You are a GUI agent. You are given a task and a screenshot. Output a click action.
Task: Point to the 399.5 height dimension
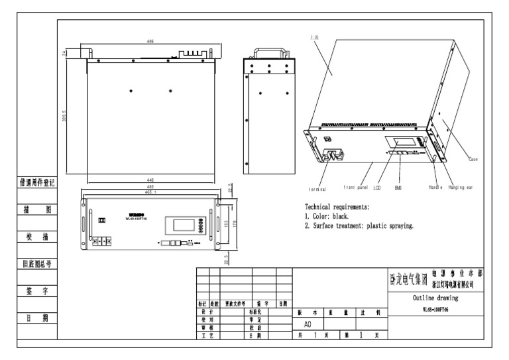[x=64, y=116]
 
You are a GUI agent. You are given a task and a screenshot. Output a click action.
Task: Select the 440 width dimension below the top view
[x=152, y=180]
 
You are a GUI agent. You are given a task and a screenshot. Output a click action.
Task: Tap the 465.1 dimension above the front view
[x=152, y=192]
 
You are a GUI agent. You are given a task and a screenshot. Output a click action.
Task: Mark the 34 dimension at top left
[x=64, y=53]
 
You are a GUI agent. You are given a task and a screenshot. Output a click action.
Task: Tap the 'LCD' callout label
[x=377, y=188]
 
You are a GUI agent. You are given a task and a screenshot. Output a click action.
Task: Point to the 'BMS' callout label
[x=398, y=188]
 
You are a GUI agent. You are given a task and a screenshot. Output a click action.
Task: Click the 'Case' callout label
[x=473, y=159]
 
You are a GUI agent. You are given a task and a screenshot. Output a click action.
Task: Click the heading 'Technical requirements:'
[x=337, y=208]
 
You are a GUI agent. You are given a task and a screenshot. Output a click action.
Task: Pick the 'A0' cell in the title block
[x=307, y=326]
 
